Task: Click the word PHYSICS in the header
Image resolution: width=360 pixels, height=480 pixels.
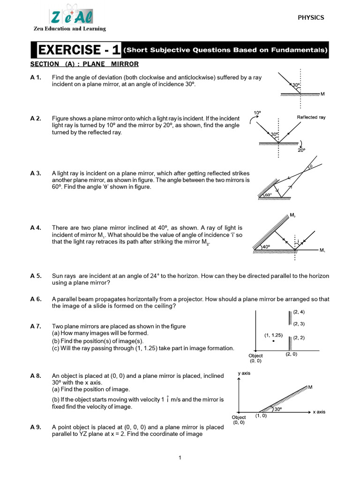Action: click(311, 18)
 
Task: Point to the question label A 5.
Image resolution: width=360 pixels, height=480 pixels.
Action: click(36, 276)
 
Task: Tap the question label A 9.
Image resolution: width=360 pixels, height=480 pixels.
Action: click(36, 427)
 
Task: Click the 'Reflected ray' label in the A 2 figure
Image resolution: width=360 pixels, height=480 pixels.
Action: click(311, 117)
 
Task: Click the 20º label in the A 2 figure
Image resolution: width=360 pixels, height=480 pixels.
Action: click(301, 150)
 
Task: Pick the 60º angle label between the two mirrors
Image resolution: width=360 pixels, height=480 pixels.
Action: click(268, 195)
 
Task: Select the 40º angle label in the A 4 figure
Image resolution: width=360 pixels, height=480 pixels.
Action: click(266, 247)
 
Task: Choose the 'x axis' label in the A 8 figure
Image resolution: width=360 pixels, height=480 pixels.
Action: click(319, 412)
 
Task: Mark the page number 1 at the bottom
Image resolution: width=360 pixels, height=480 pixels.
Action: click(180, 458)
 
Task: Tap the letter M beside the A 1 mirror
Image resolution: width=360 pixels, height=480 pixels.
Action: click(323, 94)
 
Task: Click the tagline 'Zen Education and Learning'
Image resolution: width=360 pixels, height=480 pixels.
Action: click(70, 29)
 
